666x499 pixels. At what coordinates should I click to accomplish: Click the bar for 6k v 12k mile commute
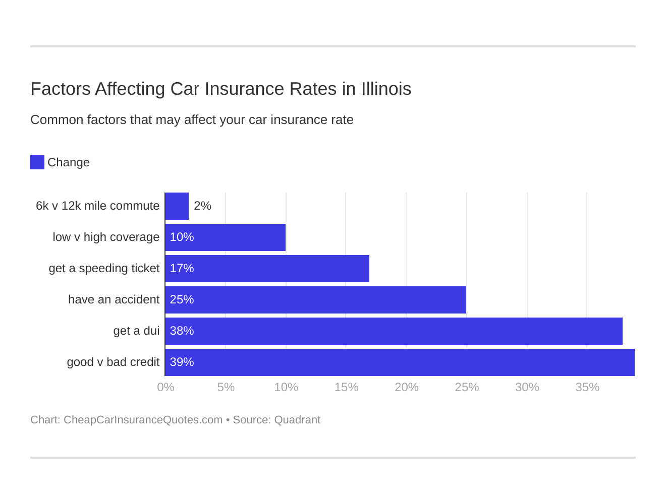tap(177, 206)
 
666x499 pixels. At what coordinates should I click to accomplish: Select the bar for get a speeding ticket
tap(267, 269)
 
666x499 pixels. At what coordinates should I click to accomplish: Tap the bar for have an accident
tap(316, 300)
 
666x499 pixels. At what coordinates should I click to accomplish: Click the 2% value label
tap(202, 206)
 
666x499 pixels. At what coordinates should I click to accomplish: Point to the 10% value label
tap(182, 237)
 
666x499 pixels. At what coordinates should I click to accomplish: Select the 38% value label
tap(182, 331)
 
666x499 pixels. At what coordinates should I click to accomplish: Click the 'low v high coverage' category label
tap(106, 237)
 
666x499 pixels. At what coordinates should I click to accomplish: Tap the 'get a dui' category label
tap(136, 331)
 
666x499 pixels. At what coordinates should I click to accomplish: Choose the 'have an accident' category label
tap(114, 299)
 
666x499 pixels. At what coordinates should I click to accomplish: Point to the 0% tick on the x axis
tap(165, 387)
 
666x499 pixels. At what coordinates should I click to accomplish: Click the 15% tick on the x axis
tap(346, 387)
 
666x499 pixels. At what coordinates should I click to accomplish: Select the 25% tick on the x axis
tap(467, 387)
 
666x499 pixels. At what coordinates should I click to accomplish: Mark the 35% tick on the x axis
tap(587, 387)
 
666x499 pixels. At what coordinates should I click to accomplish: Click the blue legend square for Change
tap(37, 162)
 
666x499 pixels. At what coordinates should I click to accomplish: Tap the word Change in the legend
tap(69, 162)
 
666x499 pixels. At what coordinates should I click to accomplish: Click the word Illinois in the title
tap(386, 89)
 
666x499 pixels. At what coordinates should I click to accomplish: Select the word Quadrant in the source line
tap(297, 420)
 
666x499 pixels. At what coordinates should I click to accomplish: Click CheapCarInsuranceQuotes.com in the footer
tap(143, 420)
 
